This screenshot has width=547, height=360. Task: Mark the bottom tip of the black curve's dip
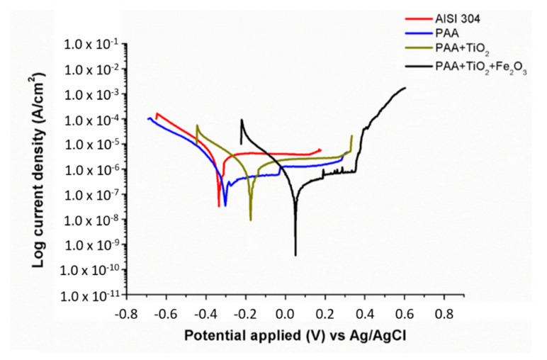click(x=295, y=254)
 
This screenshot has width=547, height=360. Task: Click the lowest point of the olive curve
click(x=250, y=220)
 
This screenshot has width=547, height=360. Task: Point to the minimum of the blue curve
click(x=225, y=205)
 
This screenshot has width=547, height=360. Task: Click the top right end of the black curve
click(x=405, y=88)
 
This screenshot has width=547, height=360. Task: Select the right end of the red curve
click(x=320, y=150)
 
